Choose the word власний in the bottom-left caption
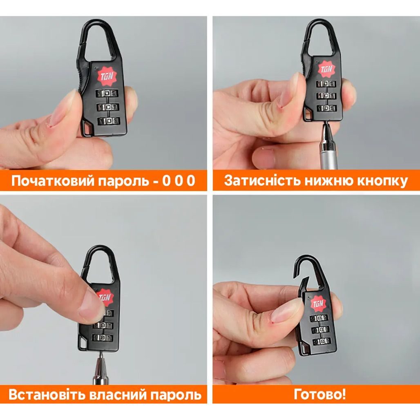[x=117, y=395]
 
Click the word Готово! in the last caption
[x=320, y=394]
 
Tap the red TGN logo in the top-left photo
[x=107, y=76]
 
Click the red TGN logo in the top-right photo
[x=326, y=69]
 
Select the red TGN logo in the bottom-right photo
[x=319, y=304]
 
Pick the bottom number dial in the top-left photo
[x=109, y=121]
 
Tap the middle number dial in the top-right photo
[x=326, y=96]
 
